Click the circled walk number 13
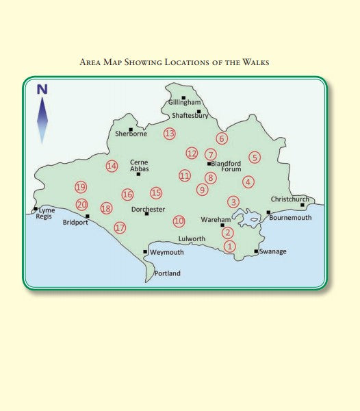tap(170, 134)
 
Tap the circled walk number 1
tap(229, 246)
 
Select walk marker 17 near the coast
tap(120, 227)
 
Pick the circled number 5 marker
tap(255, 157)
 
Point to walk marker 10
tap(179, 221)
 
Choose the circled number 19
tap(81, 187)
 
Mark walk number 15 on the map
tap(156, 193)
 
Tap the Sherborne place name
tap(131, 134)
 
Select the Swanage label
tap(273, 251)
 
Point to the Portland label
tap(167, 273)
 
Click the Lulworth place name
tap(192, 238)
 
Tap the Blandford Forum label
tap(227, 166)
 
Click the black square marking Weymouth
tap(145, 251)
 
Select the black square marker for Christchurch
tap(302, 205)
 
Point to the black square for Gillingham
tap(183, 97)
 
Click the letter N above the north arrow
tap(42, 88)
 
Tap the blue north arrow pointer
tap(42, 120)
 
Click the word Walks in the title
tap(254, 63)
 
